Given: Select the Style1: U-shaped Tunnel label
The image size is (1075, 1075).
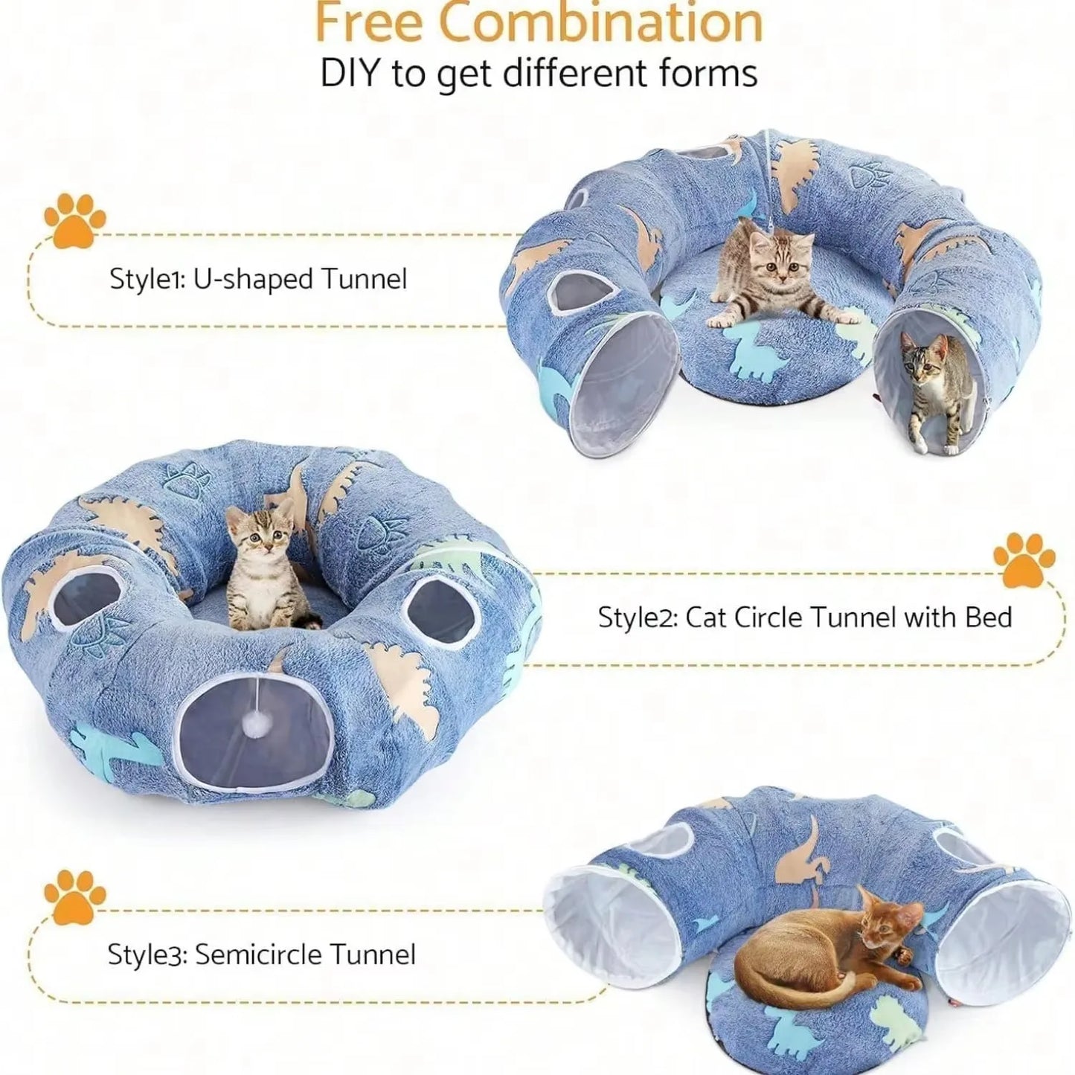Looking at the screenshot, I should click(258, 279).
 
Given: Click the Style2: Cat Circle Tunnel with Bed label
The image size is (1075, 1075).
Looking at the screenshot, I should click(805, 617).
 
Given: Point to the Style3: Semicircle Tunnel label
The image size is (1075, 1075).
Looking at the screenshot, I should click(261, 954).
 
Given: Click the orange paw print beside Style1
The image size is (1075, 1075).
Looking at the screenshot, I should click(74, 219).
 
